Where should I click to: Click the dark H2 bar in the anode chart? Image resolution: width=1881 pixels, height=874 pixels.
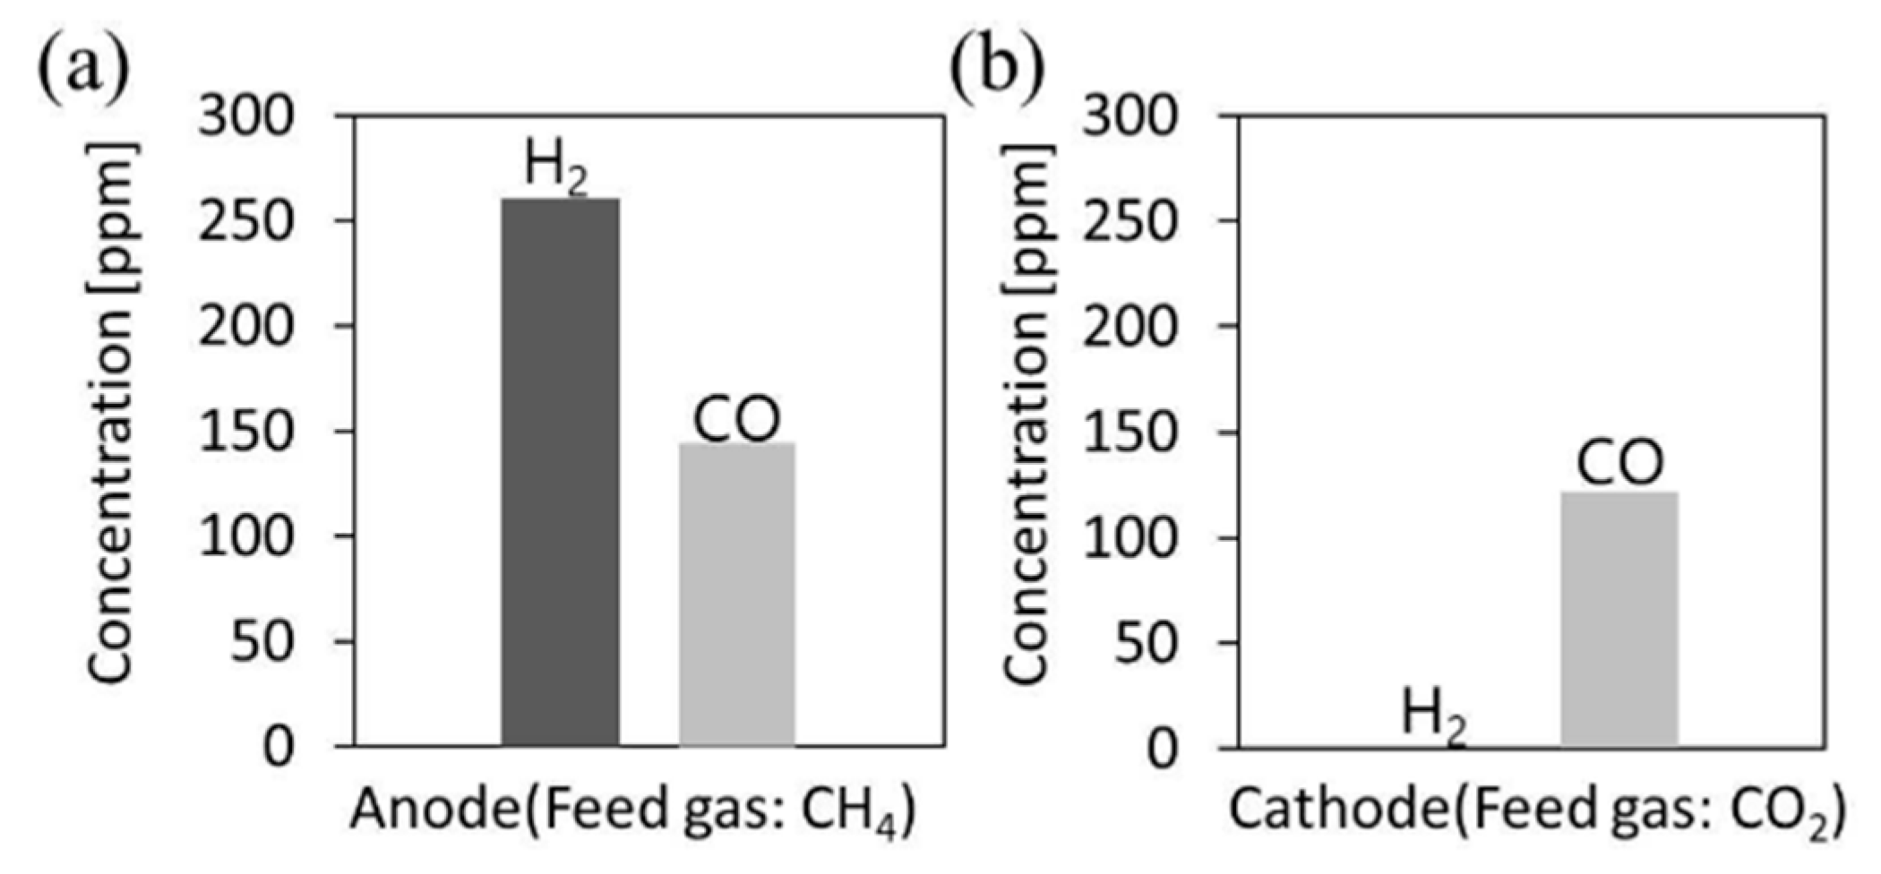tap(560, 472)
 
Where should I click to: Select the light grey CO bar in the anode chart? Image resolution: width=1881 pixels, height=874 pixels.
tap(736, 594)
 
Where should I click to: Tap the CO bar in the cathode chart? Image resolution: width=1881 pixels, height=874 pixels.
tap(1619, 619)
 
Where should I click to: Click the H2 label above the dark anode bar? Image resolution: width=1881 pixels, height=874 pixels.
tap(555, 167)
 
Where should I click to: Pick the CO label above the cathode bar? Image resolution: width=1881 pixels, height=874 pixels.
tap(1619, 462)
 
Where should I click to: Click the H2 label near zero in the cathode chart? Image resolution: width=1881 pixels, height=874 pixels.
tap(1433, 716)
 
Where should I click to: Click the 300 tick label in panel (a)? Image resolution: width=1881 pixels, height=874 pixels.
tap(245, 116)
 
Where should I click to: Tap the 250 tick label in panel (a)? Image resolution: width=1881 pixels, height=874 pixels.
tap(245, 221)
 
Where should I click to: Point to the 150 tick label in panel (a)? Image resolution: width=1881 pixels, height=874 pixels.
tap(245, 432)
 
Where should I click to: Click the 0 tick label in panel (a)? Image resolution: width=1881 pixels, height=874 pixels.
tap(279, 746)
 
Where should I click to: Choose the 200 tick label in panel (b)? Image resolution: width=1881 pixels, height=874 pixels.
tap(1129, 327)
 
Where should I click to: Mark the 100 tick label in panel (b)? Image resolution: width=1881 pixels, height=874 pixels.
tap(1129, 537)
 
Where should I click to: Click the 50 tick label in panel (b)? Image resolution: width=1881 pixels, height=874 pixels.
tap(1145, 642)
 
